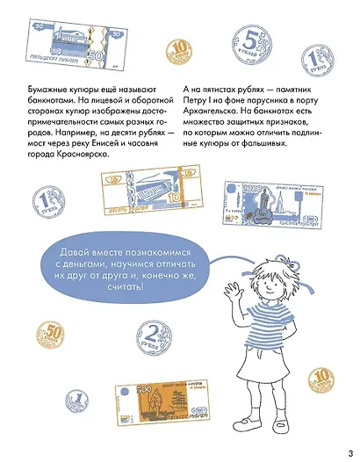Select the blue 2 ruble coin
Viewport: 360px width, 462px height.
coord(155,333)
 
